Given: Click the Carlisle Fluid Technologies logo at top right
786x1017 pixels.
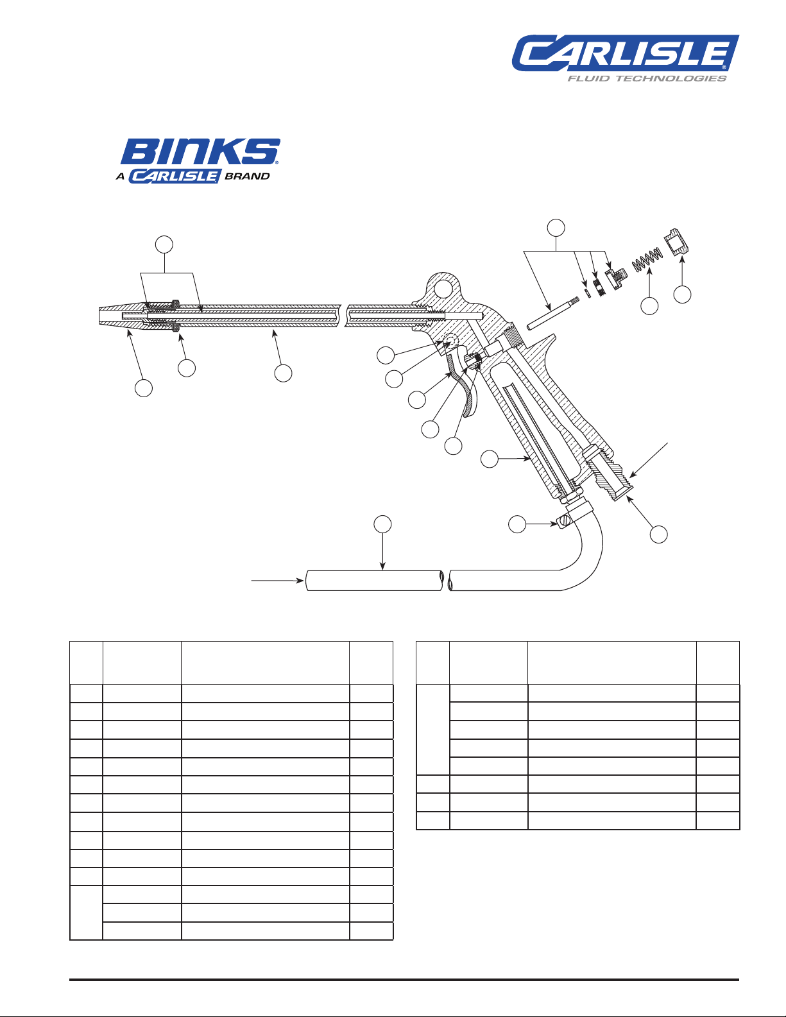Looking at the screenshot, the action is coord(625,58).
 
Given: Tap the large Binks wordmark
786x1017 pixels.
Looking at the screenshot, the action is coord(200,151).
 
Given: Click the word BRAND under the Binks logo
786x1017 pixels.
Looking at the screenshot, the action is coord(247,176).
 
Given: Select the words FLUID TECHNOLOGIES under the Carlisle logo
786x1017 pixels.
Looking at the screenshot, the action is coord(647,79).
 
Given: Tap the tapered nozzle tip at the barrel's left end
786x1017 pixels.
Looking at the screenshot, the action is coord(119,316).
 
